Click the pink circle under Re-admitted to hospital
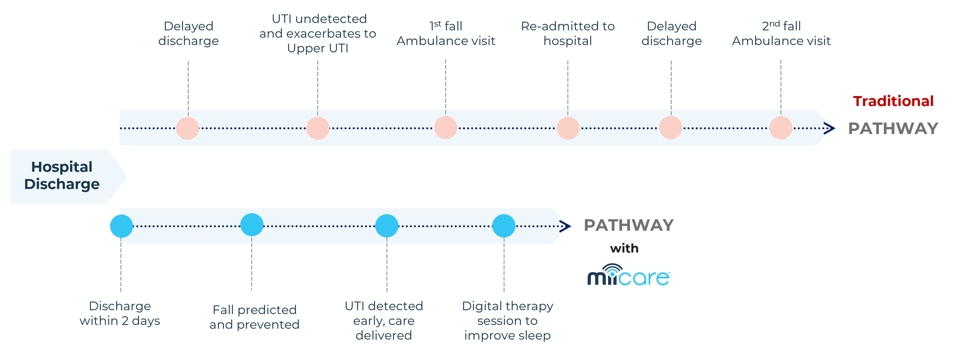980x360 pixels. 568,128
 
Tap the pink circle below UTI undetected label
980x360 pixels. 318,128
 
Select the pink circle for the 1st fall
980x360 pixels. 446,127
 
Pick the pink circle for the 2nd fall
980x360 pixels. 781,128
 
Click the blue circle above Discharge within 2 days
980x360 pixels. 122,226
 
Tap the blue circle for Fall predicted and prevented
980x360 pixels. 252,225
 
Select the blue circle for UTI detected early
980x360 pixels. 387,226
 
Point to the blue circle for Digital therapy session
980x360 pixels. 504,226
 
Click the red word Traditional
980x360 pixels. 893,101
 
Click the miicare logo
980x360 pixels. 628,275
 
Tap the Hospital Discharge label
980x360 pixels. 62,176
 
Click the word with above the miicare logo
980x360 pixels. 624,248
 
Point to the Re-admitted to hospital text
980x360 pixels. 568,33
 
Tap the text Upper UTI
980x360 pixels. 318,48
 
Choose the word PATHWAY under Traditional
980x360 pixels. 893,129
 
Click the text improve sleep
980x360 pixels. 507,336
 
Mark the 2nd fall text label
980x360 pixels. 781,26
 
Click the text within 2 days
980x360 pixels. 120,321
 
